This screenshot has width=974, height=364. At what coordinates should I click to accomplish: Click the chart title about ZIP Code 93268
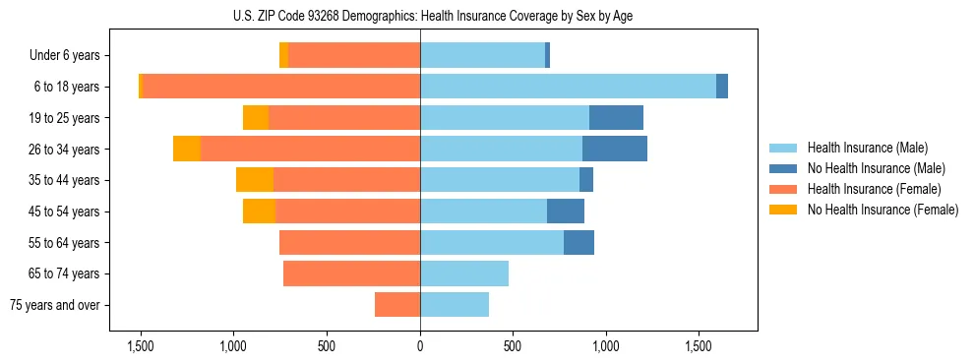[x=433, y=16]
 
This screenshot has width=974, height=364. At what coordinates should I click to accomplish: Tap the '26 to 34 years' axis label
[x=66, y=150]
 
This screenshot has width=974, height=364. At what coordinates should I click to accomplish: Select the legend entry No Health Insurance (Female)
[x=883, y=210]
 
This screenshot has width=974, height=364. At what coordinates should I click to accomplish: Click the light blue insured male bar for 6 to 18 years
[x=568, y=87]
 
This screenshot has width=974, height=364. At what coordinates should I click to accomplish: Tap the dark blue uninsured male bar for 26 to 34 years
[x=615, y=149]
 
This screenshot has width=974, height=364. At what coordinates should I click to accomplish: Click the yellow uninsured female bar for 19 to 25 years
[x=256, y=118]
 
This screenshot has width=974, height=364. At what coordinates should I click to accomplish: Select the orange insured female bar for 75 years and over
[x=397, y=305]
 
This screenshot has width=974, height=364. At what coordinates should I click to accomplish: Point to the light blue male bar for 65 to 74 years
[x=464, y=273]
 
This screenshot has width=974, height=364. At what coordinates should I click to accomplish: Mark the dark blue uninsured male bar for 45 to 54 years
[x=566, y=211]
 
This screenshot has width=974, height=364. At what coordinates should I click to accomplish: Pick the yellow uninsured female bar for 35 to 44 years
[x=255, y=180]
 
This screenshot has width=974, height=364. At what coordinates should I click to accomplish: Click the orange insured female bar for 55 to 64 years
[x=349, y=242]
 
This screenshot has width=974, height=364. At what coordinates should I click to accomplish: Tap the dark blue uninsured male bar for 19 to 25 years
[x=616, y=118]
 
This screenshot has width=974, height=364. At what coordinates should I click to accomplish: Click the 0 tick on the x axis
[x=420, y=346]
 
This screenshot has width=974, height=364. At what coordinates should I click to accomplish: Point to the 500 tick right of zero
[x=513, y=346]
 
